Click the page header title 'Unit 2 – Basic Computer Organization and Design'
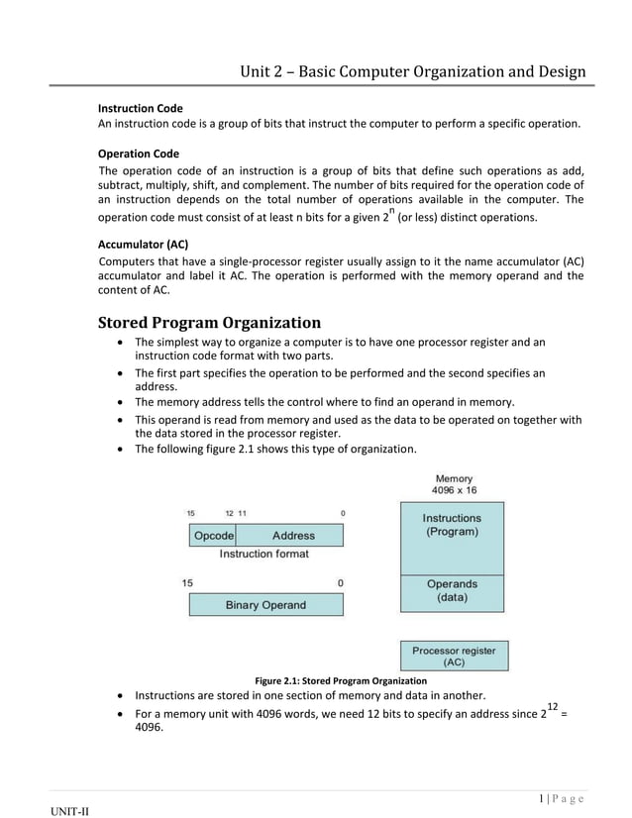(413, 71)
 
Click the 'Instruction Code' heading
(140, 107)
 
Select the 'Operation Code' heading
(139, 153)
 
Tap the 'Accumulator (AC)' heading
(143, 242)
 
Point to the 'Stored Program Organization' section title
(209, 322)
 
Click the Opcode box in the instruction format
(213, 536)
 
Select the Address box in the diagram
(292, 536)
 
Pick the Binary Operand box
(265, 605)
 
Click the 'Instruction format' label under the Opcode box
(263, 555)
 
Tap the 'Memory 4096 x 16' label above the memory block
(454, 484)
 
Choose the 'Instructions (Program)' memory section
(452, 525)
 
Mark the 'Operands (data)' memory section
(452, 591)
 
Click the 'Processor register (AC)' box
(454, 656)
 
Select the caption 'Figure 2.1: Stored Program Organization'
(341, 681)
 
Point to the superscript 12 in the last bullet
(552, 706)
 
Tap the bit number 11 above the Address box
(242, 513)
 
